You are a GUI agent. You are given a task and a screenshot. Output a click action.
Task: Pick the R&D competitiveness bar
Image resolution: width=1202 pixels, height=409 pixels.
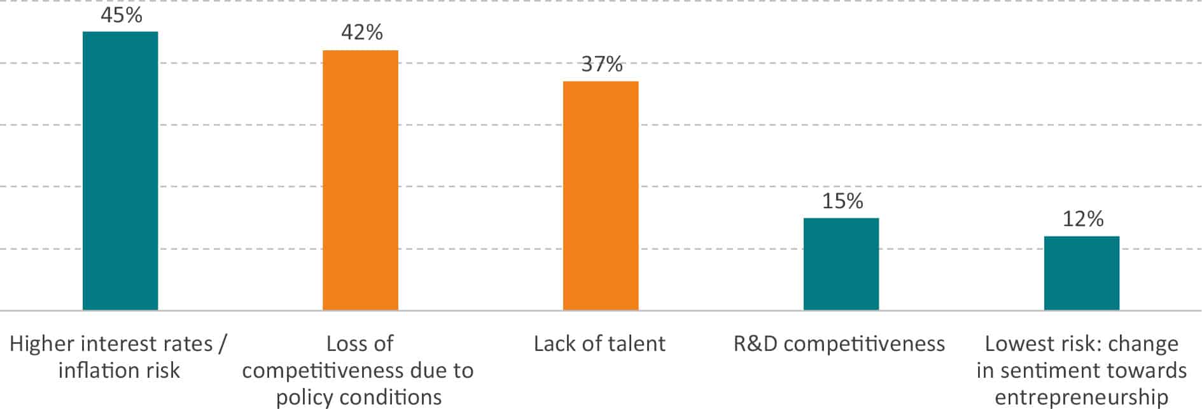841,264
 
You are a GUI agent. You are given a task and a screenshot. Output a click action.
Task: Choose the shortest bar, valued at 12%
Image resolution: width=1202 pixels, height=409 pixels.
1082,273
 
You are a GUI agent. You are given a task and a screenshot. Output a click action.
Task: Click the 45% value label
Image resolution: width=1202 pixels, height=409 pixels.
121,15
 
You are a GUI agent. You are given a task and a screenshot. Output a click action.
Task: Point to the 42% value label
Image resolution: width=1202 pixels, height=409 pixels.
361,32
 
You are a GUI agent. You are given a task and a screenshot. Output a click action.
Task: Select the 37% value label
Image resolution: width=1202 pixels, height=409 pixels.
601,64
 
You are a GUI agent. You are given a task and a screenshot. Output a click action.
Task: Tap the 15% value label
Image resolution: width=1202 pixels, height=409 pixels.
842,201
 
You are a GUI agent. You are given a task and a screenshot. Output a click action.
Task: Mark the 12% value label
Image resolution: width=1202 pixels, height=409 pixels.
1082,219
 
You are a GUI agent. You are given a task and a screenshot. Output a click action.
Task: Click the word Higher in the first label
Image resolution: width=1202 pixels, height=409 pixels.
40,344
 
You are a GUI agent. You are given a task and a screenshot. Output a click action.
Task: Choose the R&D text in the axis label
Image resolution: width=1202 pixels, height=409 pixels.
755,344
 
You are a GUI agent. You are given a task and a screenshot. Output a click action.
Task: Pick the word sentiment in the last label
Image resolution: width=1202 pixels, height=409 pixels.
1043,371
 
